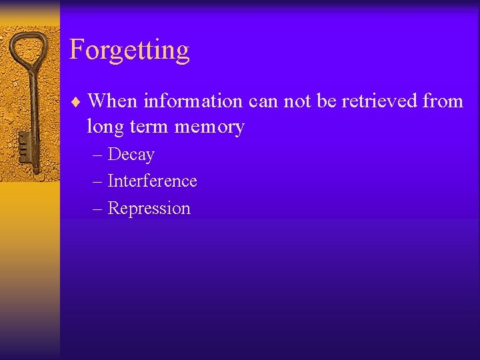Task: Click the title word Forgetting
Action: pyautogui.click(x=129, y=51)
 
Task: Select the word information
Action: pyautogui.click(x=193, y=101)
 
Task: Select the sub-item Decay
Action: pyautogui.click(x=131, y=155)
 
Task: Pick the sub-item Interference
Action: pyautogui.click(x=152, y=181)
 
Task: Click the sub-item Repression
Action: pyautogui.click(x=149, y=209)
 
